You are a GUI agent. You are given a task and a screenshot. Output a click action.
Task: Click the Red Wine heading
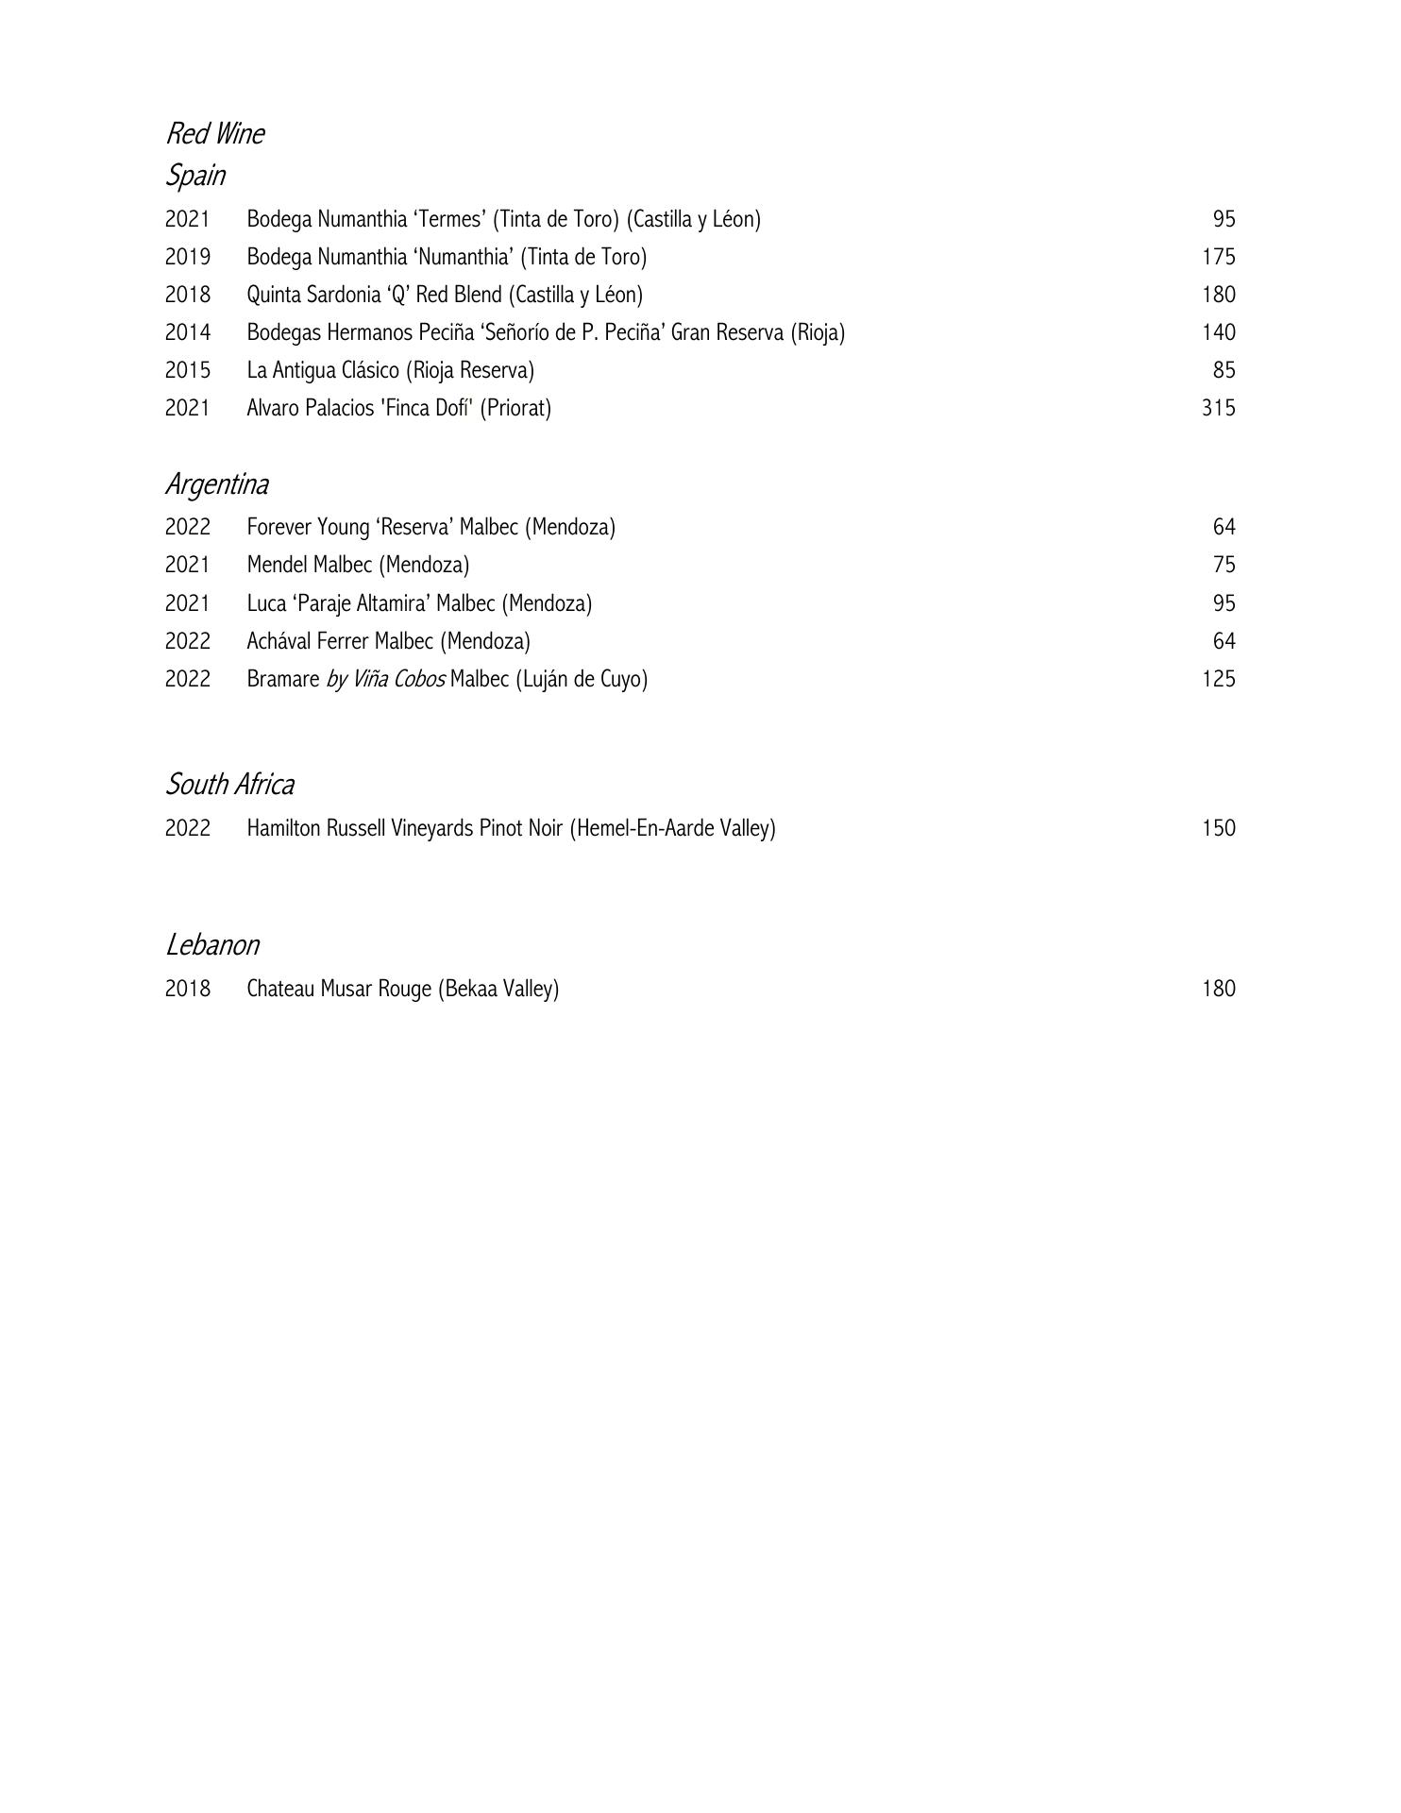tap(215, 134)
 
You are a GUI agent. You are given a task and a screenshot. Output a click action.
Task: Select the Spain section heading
tap(195, 176)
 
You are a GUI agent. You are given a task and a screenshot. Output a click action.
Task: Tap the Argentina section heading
tap(217, 484)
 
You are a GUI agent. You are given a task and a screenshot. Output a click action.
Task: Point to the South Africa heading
tap(230, 785)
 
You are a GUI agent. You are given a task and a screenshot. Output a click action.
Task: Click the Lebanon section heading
tap(212, 945)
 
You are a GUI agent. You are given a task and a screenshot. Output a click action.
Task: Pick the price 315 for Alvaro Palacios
tap(1218, 408)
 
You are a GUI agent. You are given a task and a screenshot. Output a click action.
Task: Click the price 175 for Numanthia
tap(1218, 257)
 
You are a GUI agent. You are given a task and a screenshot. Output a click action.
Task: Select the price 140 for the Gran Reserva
tap(1218, 332)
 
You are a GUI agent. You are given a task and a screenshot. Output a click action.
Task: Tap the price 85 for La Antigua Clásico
tap(1224, 370)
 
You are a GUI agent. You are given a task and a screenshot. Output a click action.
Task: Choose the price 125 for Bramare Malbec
tap(1218, 679)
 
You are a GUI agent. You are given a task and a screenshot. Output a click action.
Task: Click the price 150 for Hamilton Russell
tap(1218, 828)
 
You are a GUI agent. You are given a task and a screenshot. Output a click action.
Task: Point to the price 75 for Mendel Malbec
tap(1224, 565)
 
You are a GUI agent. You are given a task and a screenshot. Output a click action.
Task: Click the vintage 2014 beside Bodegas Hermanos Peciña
tap(188, 332)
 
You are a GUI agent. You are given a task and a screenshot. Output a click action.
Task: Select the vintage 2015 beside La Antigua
tap(188, 370)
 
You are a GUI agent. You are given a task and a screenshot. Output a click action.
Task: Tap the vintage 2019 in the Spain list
tap(188, 257)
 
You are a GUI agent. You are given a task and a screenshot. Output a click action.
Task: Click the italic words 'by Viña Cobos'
tap(385, 680)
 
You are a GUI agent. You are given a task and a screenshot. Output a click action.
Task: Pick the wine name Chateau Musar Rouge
tap(339, 989)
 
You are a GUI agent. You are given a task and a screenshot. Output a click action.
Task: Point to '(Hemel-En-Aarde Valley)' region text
tap(672, 828)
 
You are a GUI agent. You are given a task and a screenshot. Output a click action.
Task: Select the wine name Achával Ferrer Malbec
tap(343, 641)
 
